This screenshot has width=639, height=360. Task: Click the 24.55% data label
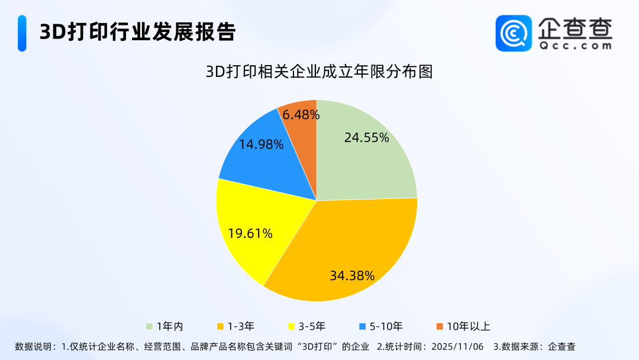click(x=366, y=138)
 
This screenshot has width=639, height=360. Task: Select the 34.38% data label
click(x=352, y=275)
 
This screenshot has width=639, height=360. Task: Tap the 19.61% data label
click(x=250, y=234)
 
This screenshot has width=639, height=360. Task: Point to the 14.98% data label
click(x=262, y=144)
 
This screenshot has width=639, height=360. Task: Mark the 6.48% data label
click(x=301, y=115)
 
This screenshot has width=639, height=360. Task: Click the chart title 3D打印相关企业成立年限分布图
click(x=319, y=72)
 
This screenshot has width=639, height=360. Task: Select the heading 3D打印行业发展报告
click(x=137, y=32)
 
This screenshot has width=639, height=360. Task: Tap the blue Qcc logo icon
click(x=514, y=33)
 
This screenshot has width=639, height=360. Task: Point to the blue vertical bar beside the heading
click(x=22, y=33)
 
